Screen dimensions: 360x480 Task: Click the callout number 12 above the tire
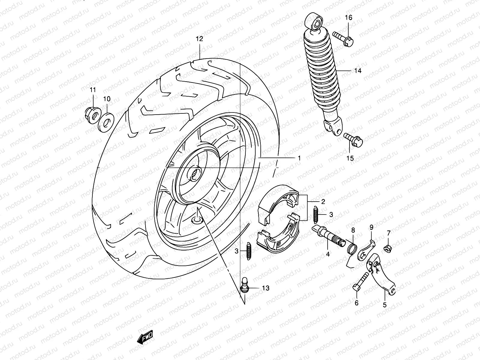point(199,39)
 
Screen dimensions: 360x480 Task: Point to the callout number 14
point(366,71)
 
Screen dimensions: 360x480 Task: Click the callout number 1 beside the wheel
point(299,158)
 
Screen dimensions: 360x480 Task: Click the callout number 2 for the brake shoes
point(323,202)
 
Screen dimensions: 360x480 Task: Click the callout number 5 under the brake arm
point(385,305)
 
